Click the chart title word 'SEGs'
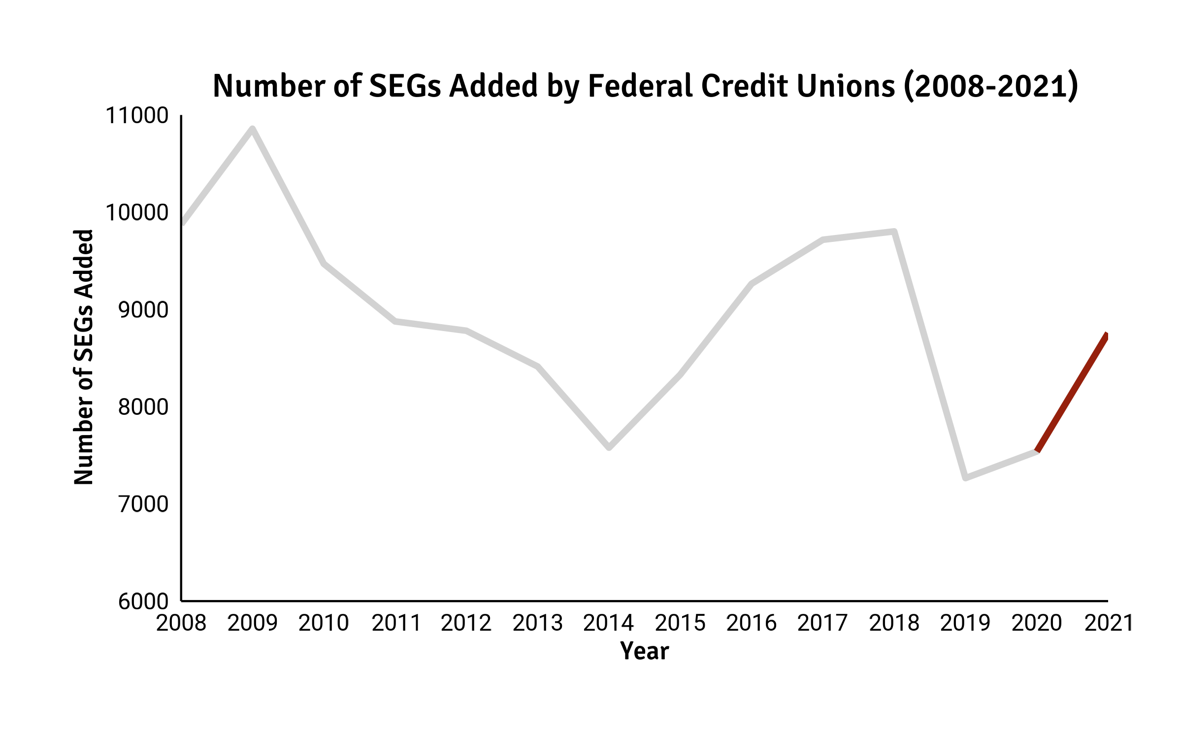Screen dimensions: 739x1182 point(404,86)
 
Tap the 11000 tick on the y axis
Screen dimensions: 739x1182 point(137,116)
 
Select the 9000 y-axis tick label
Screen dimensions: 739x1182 point(143,310)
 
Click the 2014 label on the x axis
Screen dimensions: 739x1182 point(608,624)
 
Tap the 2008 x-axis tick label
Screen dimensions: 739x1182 point(181,624)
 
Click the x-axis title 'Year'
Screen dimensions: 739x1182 point(644,651)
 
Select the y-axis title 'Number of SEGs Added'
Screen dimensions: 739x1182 point(84,357)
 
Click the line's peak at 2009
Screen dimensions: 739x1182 point(253,130)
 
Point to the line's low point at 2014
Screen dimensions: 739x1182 point(609,447)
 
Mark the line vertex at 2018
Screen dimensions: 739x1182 point(894,232)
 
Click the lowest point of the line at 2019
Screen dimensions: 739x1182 point(965,477)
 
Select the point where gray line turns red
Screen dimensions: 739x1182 point(1037,450)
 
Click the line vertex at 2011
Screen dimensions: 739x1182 point(395,321)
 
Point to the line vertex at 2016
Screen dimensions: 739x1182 point(752,284)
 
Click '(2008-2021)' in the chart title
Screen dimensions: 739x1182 point(991,86)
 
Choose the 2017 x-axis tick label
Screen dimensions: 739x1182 point(822,624)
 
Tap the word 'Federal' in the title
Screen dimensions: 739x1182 point(640,86)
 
